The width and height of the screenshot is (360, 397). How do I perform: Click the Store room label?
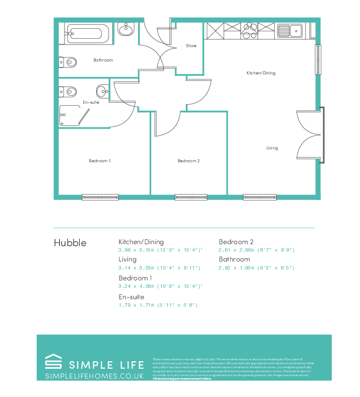click(x=191, y=46)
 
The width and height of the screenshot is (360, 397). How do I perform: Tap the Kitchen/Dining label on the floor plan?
click(x=261, y=73)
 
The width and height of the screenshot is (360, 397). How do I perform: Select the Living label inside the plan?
click(x=272, y=148)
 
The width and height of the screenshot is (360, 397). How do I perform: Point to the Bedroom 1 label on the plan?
click(x=100, y=161)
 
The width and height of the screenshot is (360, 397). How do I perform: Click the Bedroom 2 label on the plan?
click(x=188, y=161)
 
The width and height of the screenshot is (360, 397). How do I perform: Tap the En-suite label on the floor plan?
click(x=91, y=102)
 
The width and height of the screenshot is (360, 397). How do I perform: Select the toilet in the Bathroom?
click(x=68, y=63)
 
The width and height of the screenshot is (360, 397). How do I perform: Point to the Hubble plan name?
click(x=70, y=243)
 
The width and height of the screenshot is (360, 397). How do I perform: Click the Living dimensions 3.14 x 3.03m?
click(x=159, y=268)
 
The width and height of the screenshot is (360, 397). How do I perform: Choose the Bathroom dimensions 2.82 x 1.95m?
click(x=256, y=268)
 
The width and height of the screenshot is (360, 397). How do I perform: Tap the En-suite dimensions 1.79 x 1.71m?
click(x=158, y=305)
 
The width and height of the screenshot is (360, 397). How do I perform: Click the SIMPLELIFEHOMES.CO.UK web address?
click(x=94, y=377)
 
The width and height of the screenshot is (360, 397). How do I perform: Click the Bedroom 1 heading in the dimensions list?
click(x=135, y=278)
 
